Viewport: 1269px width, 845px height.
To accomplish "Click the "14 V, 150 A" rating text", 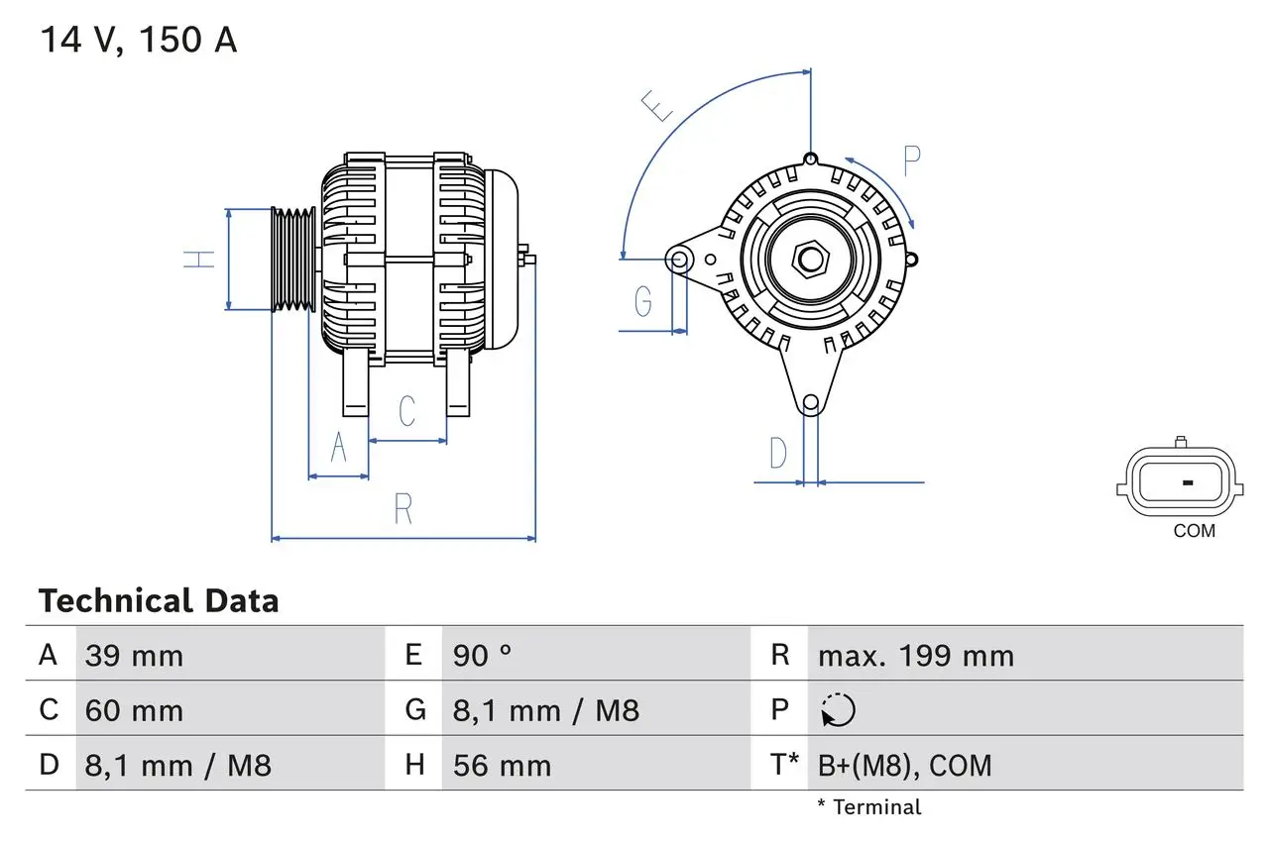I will [138, 41].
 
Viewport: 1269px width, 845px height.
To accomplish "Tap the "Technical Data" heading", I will [159, 601].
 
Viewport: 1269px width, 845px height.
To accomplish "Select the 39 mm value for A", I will [134, 656].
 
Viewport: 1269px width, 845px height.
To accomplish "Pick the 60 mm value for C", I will [134, 710].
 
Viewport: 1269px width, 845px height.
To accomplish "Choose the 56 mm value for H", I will [502, 765].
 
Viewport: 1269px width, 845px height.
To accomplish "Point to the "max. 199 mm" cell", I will [915, 656].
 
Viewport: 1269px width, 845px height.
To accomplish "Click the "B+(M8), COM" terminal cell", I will [904, 765].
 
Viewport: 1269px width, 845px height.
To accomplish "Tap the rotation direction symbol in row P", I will [838, 710].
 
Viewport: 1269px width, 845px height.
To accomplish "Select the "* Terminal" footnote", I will [868, 807].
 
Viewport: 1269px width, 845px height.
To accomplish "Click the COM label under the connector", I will [1194, 531].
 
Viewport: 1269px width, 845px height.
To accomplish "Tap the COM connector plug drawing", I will [1178, 482].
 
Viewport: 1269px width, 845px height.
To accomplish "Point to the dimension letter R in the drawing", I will [403, 508].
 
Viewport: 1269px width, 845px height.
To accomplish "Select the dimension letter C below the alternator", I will [406, 411].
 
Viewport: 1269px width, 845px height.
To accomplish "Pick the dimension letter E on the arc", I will [656, 105].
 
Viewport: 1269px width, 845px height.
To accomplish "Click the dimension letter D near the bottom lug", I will [778, 453].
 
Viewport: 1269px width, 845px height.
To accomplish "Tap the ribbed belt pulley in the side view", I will [293, 260].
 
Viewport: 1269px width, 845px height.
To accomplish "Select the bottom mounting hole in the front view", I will [811, 402].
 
